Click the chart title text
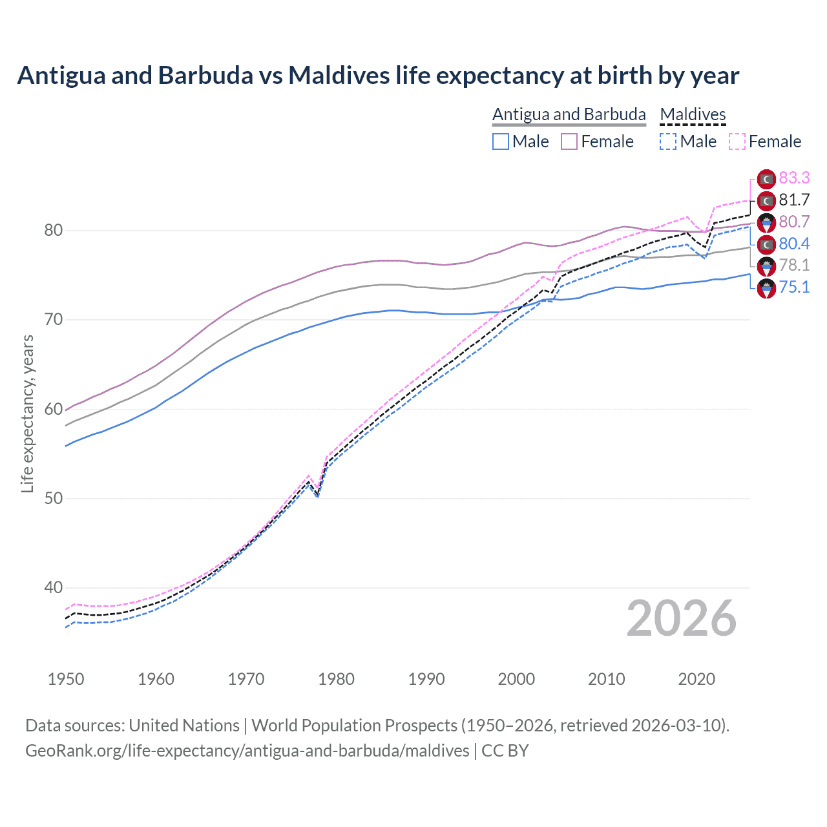point(378,76)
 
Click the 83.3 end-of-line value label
point(794,178)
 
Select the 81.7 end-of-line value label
point(794,200)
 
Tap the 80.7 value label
point(794,222)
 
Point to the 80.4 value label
point(794,244)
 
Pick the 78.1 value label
point(794,265)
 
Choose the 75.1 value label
point(794,287)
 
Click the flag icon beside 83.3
point(766,179)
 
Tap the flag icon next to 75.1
point(766,288)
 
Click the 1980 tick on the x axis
point(336,679)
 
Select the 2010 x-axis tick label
point(606,679)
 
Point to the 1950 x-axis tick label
point(66,679)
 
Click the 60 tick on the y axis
point(54,409)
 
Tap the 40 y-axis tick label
point(54,587)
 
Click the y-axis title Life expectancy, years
point(27,413)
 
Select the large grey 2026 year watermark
point(682,618)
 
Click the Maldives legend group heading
point(693,114)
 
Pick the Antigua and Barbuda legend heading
point(569,114)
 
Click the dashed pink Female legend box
point(737,141)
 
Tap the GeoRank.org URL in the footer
point(247,751)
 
